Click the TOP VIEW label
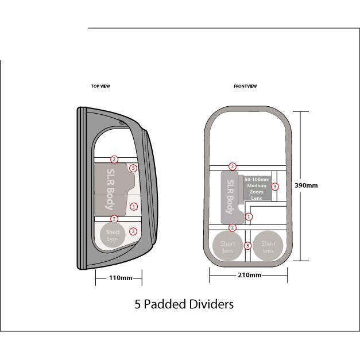100,86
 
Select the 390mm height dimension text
306,185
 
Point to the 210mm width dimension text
249,275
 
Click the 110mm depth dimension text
121,278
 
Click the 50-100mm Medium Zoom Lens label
256,188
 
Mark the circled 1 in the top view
133,206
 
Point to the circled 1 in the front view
249,216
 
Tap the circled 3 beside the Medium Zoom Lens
275,187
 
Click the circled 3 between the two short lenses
248,246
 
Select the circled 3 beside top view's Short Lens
133,231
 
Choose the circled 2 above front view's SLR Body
233,167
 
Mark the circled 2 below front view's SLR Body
233,228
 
